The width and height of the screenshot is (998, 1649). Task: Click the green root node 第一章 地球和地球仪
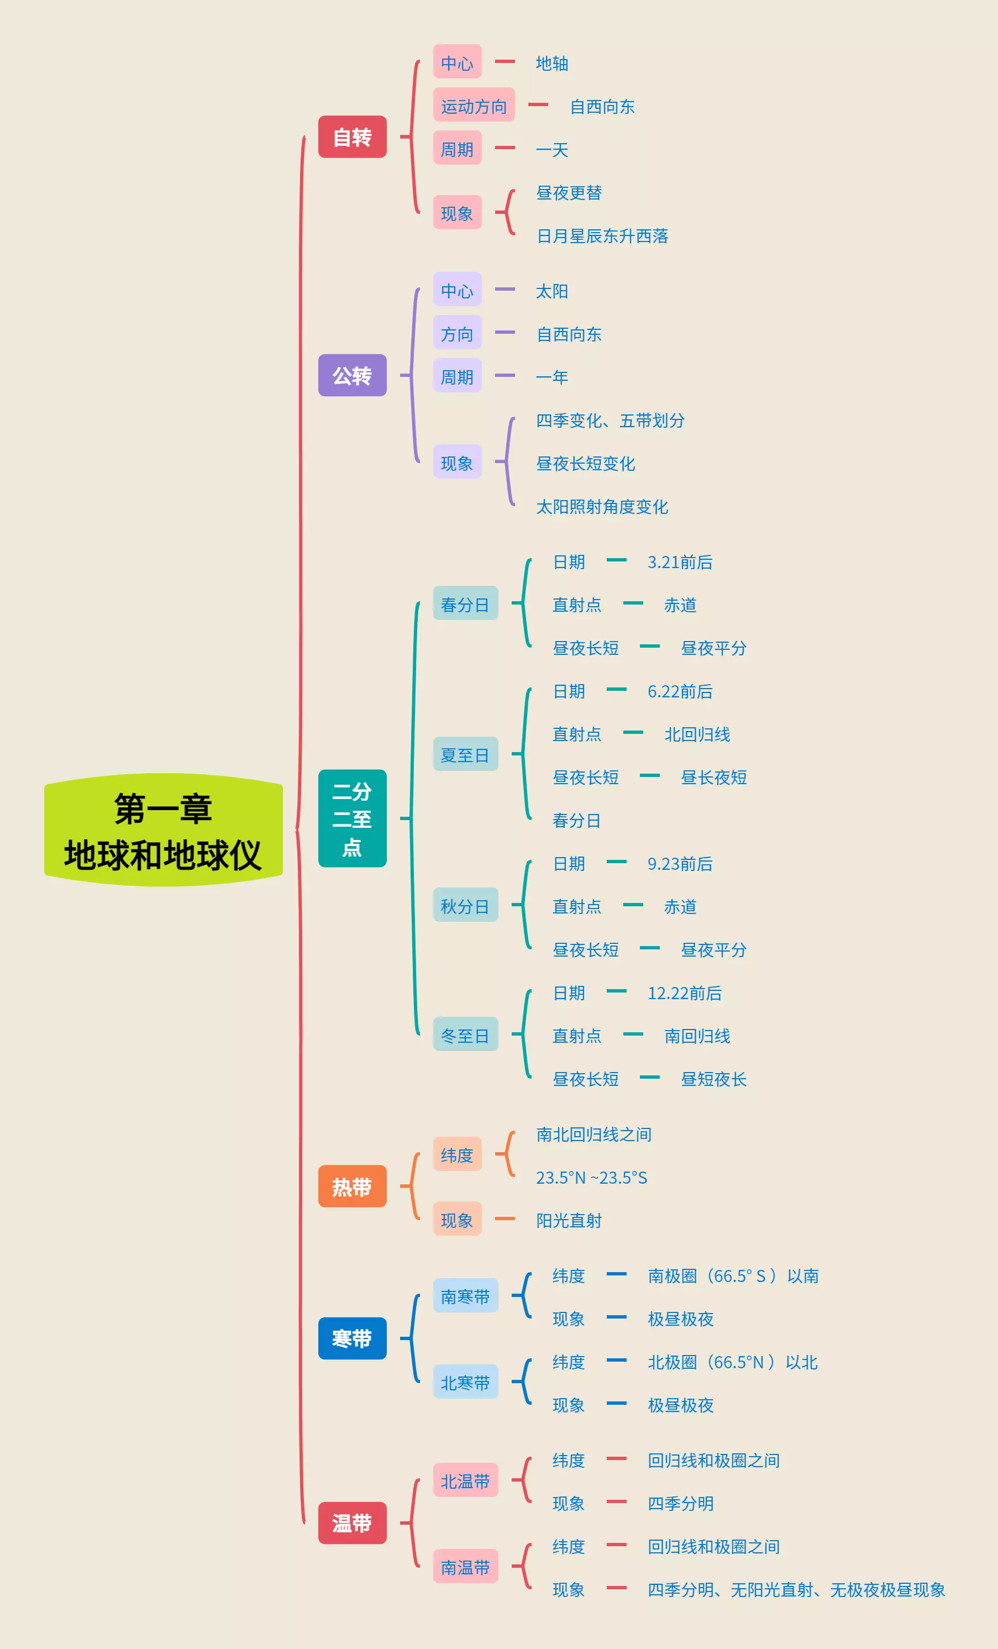164,831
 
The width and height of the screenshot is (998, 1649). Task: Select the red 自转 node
352,137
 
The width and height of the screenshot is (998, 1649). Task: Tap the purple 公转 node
352,375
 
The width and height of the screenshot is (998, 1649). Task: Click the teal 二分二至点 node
352,818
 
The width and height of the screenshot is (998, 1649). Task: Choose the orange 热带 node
352,1186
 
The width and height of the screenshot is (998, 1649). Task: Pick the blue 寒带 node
352,1338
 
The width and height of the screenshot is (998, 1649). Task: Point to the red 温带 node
352,1523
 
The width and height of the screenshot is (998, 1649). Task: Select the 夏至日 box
465,755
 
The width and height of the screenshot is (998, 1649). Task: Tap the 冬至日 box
465,1035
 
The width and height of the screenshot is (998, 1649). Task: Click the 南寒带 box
465,1296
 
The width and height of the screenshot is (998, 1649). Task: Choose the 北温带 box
465,1481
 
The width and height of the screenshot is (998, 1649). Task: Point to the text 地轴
552,64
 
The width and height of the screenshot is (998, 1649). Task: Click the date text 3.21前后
679,562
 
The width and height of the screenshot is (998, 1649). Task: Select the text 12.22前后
684,993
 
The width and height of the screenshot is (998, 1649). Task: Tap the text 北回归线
697,734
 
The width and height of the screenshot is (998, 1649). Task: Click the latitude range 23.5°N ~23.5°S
591,1178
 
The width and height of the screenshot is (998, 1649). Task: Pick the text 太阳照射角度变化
602,507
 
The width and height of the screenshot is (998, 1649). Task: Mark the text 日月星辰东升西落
602,235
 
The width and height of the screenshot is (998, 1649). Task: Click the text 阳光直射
568,1221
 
